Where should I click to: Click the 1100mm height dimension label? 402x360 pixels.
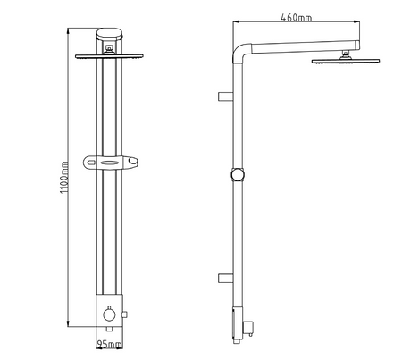tap(64, 178)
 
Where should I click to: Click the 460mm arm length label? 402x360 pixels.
tap(297, 18)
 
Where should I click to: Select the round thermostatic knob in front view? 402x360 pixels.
tap(109, 314)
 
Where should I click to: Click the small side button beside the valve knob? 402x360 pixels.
tap(124, 314)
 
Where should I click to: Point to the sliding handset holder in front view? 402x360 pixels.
tap(110, 163)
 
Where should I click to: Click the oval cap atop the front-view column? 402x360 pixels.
tap(109, 34)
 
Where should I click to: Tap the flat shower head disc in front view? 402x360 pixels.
tap(109, 56)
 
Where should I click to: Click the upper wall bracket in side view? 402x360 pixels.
tap(225, 96)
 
